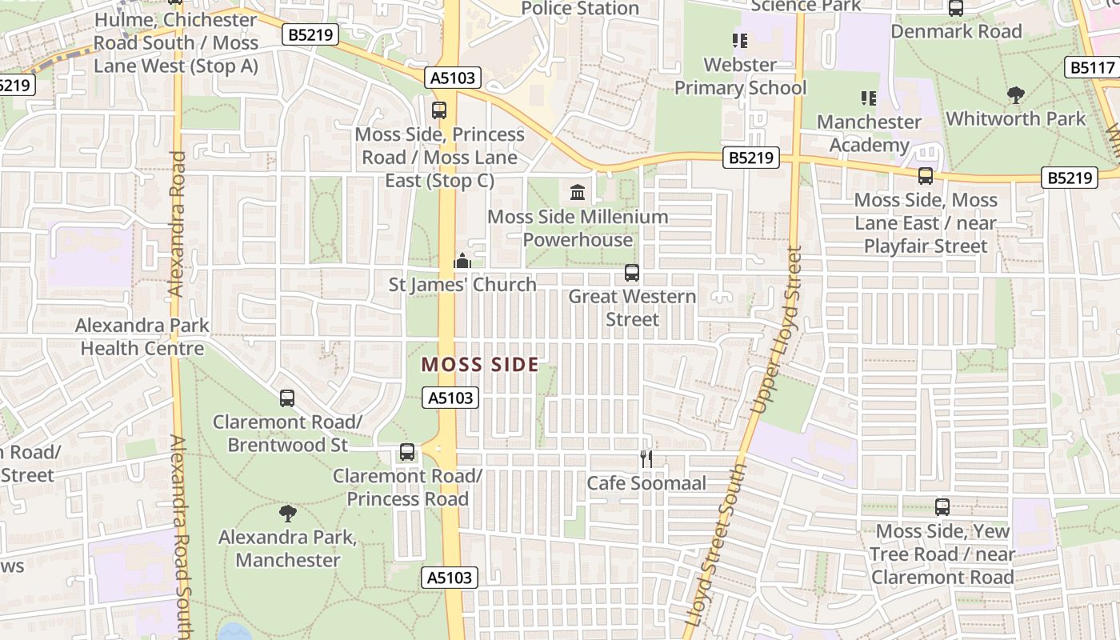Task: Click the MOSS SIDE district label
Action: [480, 365]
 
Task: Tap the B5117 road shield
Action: [1091, 67]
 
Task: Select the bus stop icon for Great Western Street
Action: [632, 273]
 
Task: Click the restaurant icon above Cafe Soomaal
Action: [646, 458]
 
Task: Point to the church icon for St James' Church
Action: [462, 261]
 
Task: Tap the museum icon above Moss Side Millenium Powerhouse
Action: [578, 192]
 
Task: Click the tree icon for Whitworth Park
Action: [1016, 95]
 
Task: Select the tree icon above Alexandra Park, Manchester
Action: [288, 514]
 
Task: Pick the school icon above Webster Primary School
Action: [740, 40]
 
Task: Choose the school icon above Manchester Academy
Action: [869, 98]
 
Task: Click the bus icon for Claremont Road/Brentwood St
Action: [287, 398]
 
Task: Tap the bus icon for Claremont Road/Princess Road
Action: [407, 452]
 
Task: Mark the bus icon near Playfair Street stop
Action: [926, 175]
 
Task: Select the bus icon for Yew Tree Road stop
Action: [942, 506]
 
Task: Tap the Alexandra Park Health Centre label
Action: [142, 337]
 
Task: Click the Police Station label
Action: [580, 9]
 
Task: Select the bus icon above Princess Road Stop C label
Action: [439, 110]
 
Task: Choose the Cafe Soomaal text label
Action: [646, 483]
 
